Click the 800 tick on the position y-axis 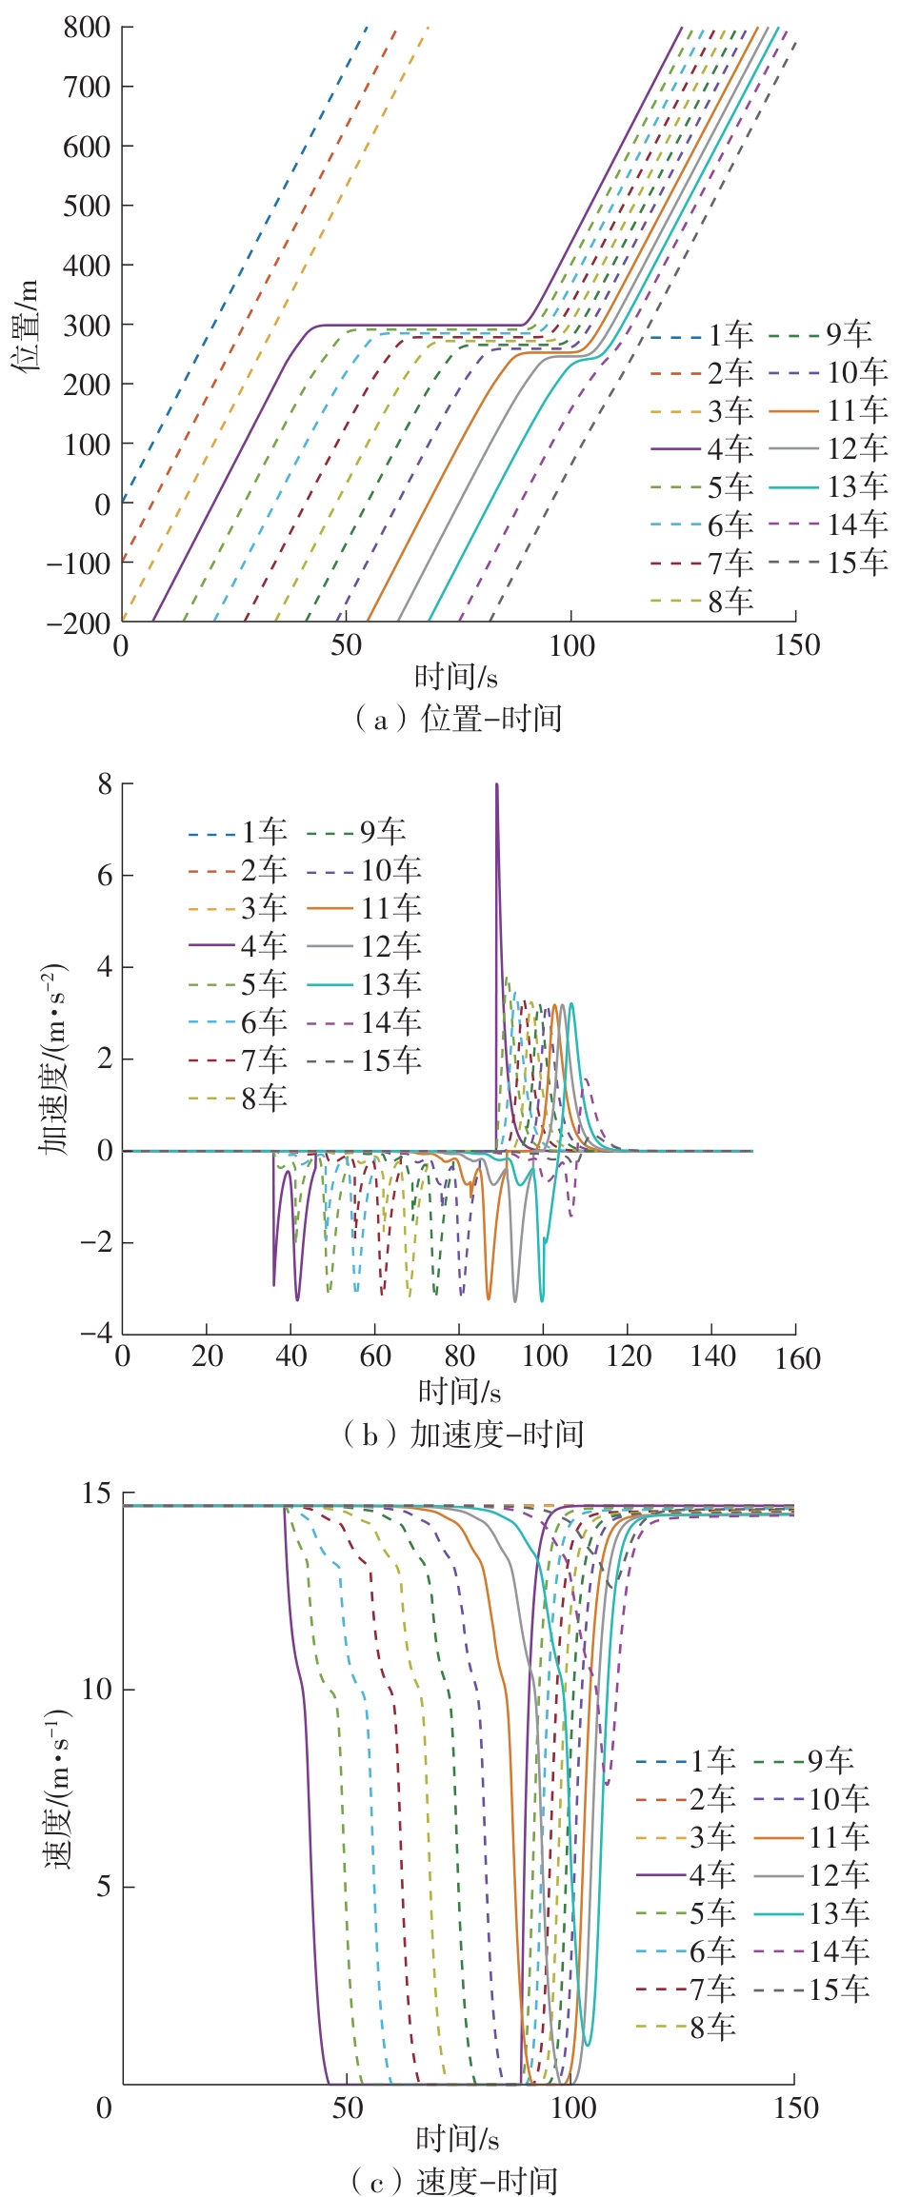(x=87, y=27)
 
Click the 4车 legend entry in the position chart (x=730, y=448)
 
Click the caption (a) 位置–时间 (x=458, y=718)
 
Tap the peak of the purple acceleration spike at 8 (x=496, y=785)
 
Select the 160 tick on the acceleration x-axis (x=797, y=1358)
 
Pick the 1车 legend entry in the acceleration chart (x=263, y=832)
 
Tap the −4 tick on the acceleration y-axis (x=96, y=1333)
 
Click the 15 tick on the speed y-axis (x=96, y=1493)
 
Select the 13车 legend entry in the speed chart (x=838, y=1913)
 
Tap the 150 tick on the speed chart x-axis (x=795, y=2108)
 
